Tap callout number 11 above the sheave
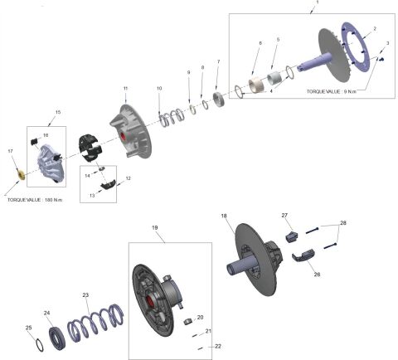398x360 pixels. pos(125,88)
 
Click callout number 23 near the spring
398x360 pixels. pos(85,294)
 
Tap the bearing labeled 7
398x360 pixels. pos(220,99)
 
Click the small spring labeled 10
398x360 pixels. pos(167,117)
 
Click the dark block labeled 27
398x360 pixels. pos(290,236)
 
